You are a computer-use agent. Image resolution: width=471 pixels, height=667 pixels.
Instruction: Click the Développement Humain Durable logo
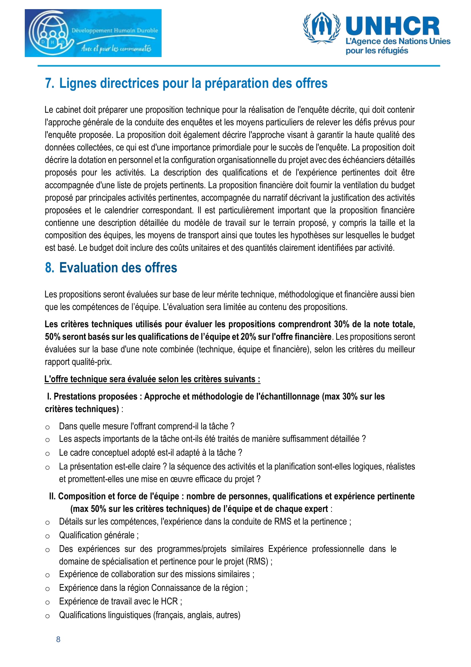[x=93, y=33]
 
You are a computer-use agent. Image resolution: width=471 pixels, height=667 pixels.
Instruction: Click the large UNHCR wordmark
[x=392, y=26]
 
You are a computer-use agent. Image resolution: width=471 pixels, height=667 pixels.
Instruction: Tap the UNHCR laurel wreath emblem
[x=321, y=28]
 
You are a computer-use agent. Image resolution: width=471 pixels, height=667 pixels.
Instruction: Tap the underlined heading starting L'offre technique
[x=152, y=379]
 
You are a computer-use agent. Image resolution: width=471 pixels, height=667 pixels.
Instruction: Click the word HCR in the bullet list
[x=169, y=601]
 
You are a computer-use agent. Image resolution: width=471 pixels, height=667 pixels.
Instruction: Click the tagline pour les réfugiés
[x=377, y=50]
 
